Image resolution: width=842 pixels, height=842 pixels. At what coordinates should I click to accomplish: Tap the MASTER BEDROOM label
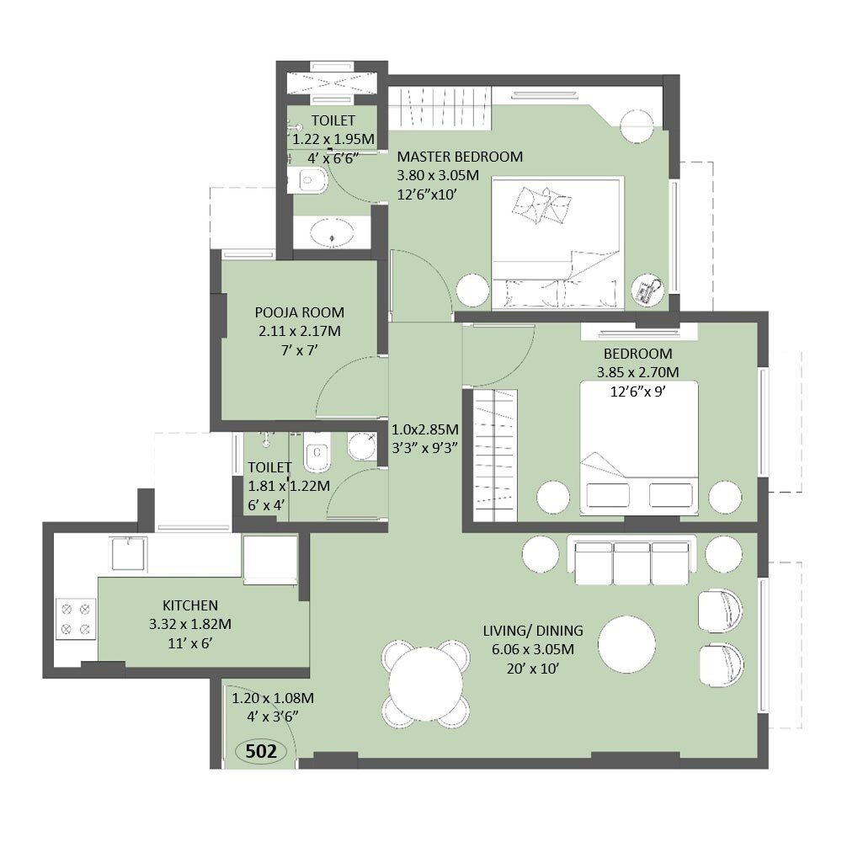[460, 157]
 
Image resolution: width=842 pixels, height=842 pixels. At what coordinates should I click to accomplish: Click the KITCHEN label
[190, 605]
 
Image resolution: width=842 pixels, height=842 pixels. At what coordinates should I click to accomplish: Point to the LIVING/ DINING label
[533, 630]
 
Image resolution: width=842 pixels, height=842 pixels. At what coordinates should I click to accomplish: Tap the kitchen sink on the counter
[129, 552]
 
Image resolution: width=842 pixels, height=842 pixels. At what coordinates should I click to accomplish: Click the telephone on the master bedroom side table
[647, 290]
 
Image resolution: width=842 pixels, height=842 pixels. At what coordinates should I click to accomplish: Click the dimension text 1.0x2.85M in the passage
[425, 429]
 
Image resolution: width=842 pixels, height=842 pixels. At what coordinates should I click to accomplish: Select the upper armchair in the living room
[720, 609]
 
